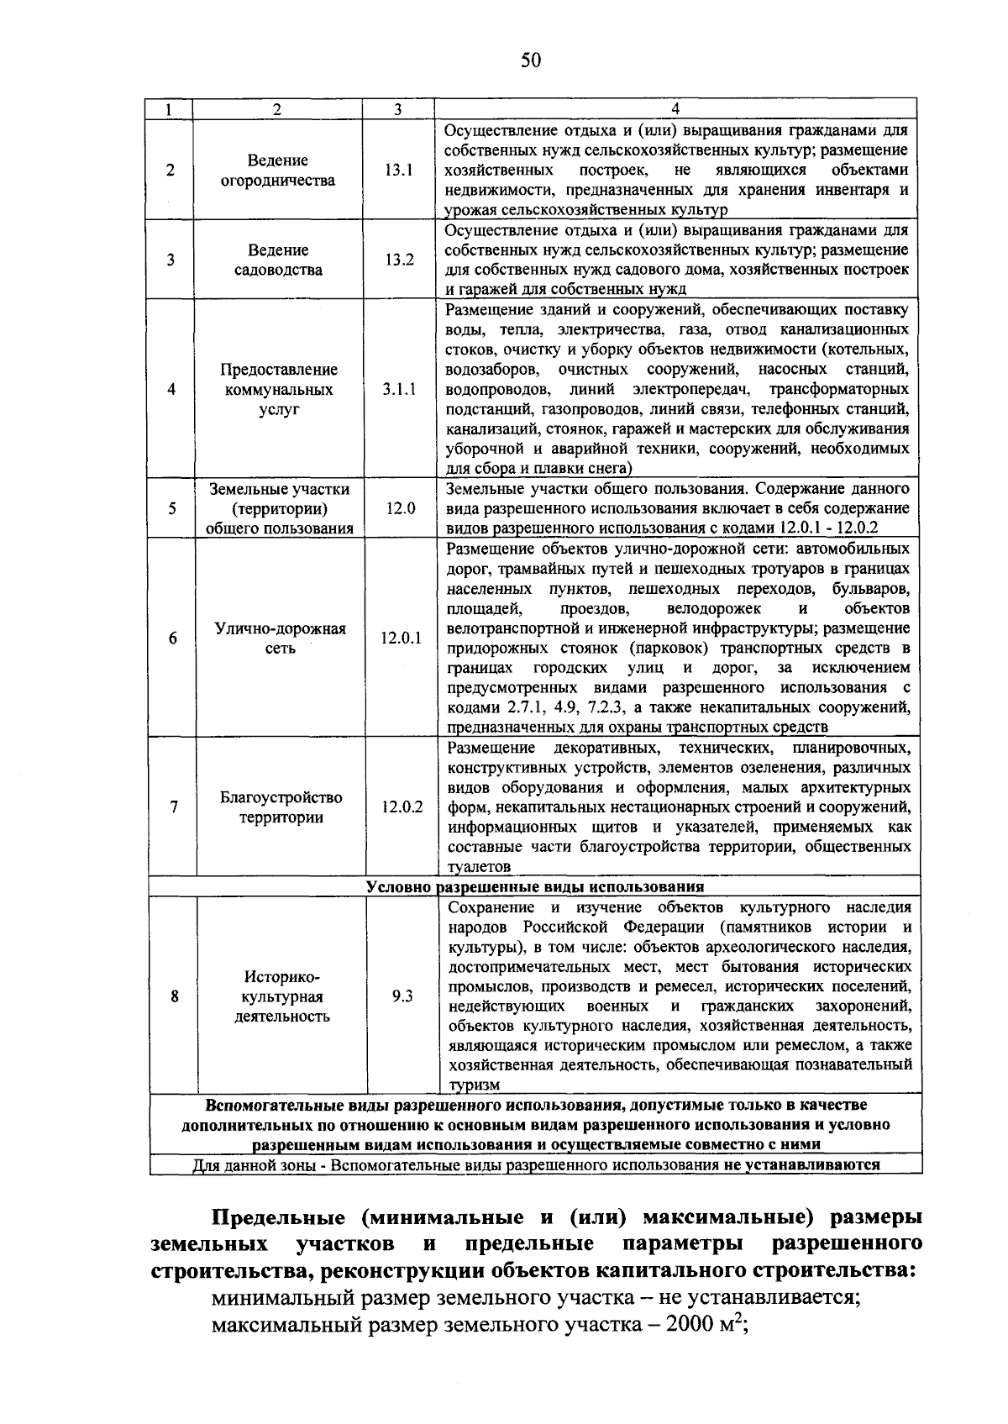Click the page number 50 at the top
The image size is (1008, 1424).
[531, 60]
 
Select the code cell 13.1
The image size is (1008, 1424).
[398, 170]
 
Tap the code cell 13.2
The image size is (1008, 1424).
[399, 260]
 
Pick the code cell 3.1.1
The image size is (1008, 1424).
[399, 390]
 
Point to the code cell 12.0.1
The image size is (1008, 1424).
[401, 638]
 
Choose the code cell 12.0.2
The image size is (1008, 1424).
[402, 807]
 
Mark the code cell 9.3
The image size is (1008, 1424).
[402, 996]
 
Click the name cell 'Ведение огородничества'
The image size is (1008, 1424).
[277, 171]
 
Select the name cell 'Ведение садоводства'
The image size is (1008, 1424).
[278, 260]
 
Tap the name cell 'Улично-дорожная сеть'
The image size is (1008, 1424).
[280, 638]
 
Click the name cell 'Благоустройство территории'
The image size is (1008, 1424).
[281, 807]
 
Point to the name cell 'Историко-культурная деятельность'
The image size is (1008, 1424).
[281, 996]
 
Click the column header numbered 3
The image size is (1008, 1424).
[397, 109]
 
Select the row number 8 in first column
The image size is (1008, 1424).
[174, 996]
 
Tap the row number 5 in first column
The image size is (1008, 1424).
[171, 508]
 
